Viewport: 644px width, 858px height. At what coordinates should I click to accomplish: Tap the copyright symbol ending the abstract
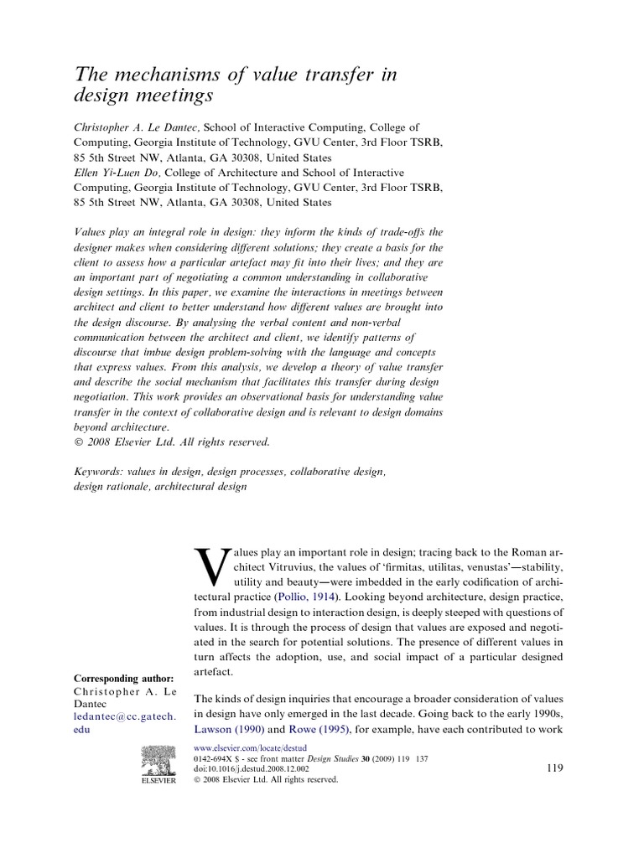[79, 442]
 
